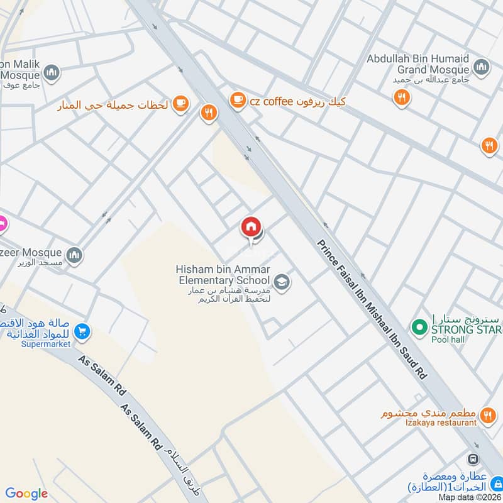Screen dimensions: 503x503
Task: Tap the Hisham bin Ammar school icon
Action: click(281, 281)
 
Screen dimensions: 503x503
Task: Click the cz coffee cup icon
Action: click(237, 99)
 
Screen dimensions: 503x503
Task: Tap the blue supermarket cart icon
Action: click(80, 331)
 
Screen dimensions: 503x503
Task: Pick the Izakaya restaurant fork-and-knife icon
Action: click(487, 416)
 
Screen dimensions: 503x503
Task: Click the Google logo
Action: click(26, 494)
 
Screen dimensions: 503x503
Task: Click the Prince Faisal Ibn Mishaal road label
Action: click(372, 308)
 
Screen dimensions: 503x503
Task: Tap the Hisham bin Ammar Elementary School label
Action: click(223, 274)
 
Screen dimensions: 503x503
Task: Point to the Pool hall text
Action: click(446, 340)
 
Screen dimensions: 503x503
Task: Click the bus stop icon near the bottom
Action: click(473, 460)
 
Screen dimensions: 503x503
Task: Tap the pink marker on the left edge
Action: click(2, 223)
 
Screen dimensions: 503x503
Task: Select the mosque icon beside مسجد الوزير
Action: click(75, 255)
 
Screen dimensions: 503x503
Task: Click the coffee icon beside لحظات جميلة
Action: click(180, 102)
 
